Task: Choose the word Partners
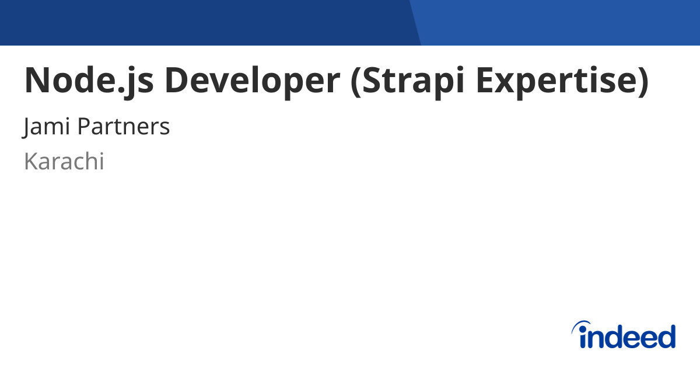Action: tap(124, 126)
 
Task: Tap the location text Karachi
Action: tap(64, 162)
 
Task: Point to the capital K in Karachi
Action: tap(30, 162)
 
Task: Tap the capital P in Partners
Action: tap(83, 126)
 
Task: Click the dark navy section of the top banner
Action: tap(204, 22)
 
